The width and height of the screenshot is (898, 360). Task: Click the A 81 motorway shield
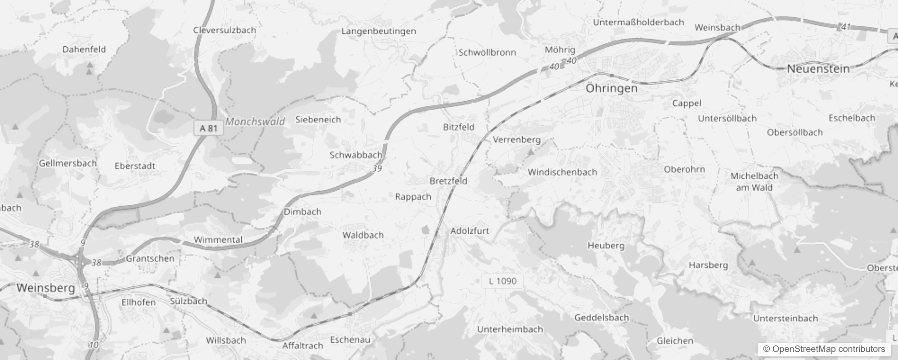coord(208,128)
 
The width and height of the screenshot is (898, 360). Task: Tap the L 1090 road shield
coord(503,281)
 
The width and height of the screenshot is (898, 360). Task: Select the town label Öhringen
coord(611,88)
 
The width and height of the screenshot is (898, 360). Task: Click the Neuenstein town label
coord(818,69)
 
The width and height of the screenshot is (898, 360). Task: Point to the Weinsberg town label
coord(45,288)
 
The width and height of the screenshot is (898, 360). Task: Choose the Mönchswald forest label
coord(255,121)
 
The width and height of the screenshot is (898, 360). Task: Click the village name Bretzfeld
coord(448,181)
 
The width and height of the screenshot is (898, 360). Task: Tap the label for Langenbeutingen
coord(378,31)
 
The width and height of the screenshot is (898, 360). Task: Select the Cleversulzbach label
coord(224,30)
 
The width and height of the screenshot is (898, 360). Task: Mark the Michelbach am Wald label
coord(754,182)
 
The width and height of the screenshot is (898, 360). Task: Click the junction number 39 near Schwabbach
coord(377,168)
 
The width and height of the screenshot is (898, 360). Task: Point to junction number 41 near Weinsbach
coord(846,27)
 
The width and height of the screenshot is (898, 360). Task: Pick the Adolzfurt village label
coord(469,231)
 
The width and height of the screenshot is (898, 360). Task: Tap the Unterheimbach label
coord(510,329)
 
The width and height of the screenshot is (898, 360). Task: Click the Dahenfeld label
coord(84,49)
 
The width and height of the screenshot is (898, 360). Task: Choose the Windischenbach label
coord(562,172)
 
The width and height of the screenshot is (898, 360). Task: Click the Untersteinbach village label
coord(785,319)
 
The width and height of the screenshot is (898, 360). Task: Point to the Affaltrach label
coord(302,346)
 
